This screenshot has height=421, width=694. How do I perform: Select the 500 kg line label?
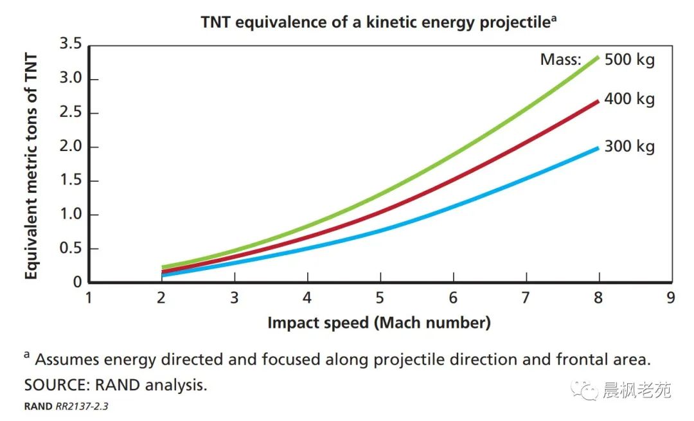click(629, 60)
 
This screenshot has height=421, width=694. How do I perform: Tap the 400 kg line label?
click(629, 100)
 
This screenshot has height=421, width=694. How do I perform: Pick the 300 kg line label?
click(629, 147)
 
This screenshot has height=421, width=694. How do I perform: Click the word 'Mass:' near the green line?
click(560, 60)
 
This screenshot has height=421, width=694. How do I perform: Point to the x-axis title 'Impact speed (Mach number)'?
click(378, 323)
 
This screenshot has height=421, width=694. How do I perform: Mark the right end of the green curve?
click(598, 57)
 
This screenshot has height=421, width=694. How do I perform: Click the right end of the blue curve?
click(598, 148)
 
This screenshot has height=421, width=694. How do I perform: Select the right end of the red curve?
click(598, 101)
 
